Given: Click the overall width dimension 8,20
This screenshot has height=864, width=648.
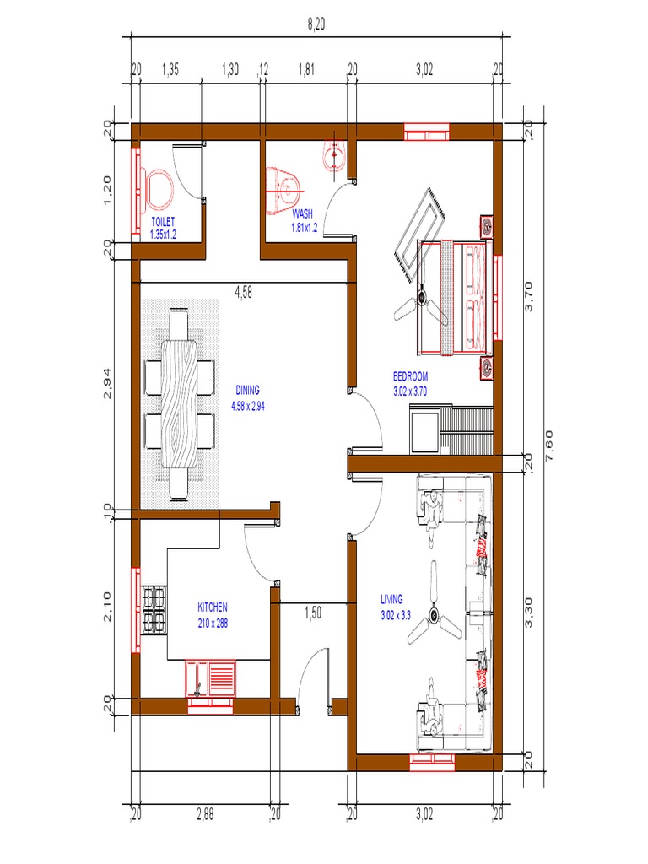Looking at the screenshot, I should (x=316, y=25).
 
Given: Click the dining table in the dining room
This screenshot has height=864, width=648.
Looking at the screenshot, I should (x=182, y=404).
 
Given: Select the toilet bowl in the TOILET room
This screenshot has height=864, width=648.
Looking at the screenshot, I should (x=158, y=190).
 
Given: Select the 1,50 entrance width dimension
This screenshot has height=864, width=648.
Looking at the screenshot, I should (x=313, y=614).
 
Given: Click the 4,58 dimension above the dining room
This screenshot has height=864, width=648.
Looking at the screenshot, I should (x=243, y=293).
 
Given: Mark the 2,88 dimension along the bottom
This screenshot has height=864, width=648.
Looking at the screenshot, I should (x=205, y=814).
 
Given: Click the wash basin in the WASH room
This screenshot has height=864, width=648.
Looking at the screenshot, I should (x=333, y=156).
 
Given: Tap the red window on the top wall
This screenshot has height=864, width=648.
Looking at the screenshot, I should (x=426, y=132).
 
